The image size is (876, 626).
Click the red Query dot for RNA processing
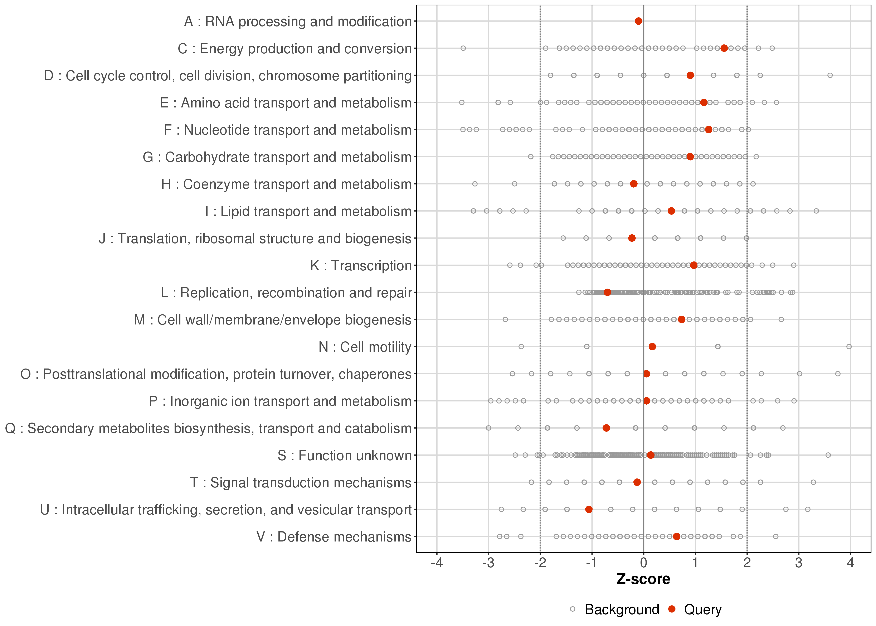coord(638,21)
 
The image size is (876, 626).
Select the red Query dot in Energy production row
coord(724,48)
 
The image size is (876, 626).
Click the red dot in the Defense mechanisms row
coord(676,536)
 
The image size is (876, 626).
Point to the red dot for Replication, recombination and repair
coord(607,292)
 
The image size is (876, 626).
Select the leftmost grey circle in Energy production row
coord(463,48)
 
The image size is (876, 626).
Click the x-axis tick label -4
coord(437,563)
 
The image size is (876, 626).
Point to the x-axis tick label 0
coord(643,563)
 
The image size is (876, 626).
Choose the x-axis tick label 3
coord(799,563)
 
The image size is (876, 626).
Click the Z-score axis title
coord(643,579)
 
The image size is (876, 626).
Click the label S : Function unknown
coord(344,456)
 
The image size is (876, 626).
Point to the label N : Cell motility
coord(365,347)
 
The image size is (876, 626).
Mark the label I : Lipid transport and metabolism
coord(308,211)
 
